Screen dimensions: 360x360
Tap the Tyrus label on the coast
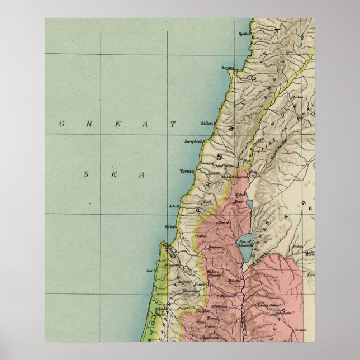pos(186,172)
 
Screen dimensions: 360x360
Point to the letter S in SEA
pos(87,174)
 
